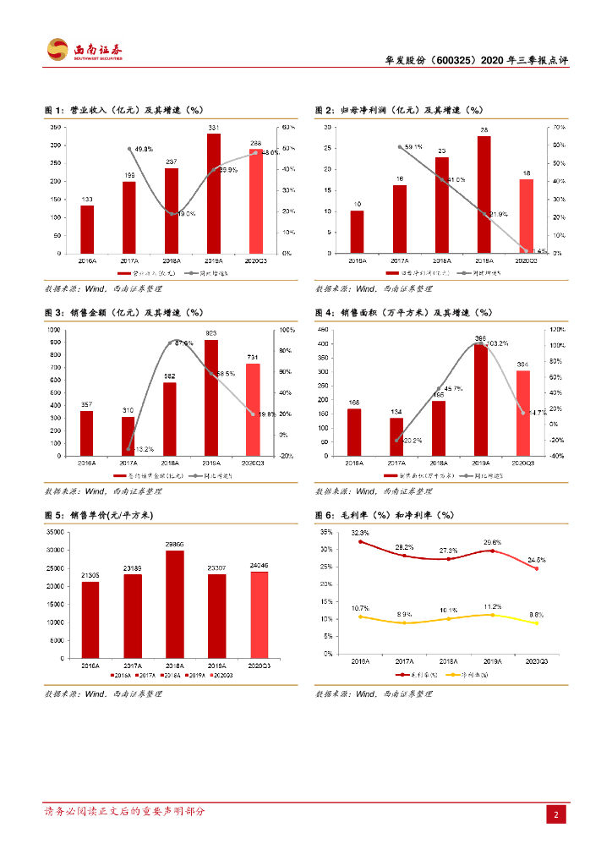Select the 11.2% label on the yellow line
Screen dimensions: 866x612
click(x=493, y=606)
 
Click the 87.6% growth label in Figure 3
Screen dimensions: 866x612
click(x=183, y=343)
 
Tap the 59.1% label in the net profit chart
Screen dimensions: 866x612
click(x=413, y=147)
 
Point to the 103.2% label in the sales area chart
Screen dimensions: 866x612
click(x=495, y=343)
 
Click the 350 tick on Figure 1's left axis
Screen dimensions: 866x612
click(x=55, y=128)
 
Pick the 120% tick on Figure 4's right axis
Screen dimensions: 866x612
click(x=557, y=328)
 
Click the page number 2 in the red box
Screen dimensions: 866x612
click(x=556, y=814)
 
